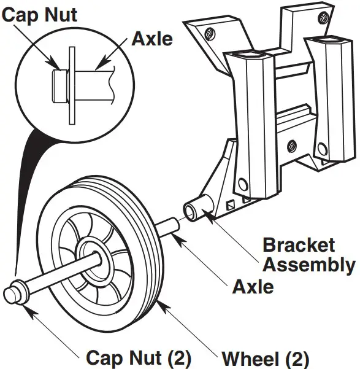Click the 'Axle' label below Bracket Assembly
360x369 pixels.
(253, 285)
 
